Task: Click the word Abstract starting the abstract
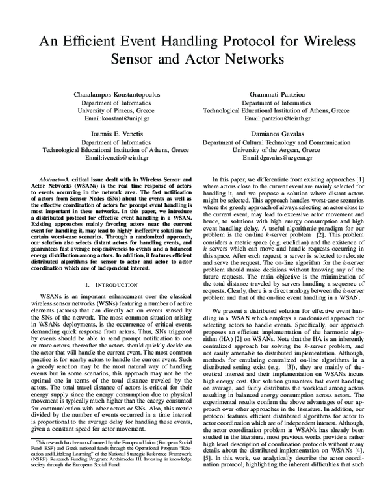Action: click(57, 178)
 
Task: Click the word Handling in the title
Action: click(197, 41)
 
